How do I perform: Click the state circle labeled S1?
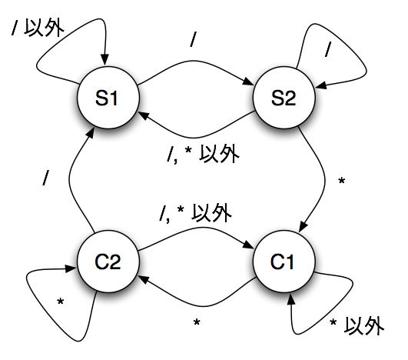(x=108, y=98)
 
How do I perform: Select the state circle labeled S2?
(x=284, y=98)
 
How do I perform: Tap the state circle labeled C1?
(x=284, y=262)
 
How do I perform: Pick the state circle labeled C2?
(x=108, y=262)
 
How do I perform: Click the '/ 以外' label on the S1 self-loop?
(x=38, y=28)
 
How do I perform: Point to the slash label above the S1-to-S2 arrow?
(x=193, y=39)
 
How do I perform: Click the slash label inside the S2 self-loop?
(x=329, y=49)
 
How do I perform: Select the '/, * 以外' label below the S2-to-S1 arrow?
(x=203, y=154)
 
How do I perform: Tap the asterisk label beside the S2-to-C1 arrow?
(x=341, y=181)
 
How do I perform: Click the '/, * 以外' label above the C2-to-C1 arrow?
(x=196, y=213)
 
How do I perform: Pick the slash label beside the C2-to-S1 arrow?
(x=45, y=178)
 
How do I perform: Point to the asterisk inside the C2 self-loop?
(x=61, y=302)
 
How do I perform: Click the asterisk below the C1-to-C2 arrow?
(x=197, y=322)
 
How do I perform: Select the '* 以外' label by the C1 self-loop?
(x=357, y=325)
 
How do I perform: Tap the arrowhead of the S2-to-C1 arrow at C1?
(x=304, y=226)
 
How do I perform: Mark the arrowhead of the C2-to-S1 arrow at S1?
(x=90, y=133)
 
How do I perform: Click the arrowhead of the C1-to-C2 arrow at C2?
(x=144, y=280)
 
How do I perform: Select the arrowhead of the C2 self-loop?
(x=71, y=268)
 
